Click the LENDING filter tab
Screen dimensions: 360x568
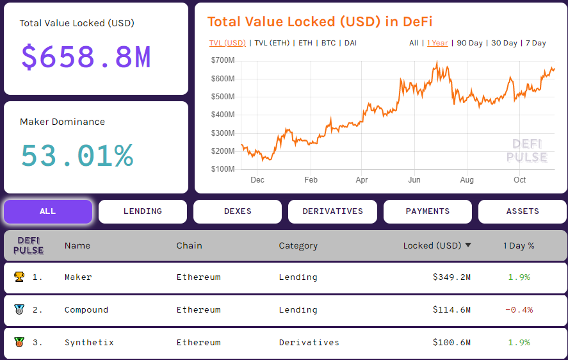click(142, 211)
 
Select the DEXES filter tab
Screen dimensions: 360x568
click(237, 211)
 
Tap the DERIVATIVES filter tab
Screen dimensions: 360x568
click(332, 211)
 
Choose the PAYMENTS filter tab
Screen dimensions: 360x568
click(427, 211)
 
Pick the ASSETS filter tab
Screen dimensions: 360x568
click(523, 211)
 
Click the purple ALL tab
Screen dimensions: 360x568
click(48, 211)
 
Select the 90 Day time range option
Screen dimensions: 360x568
click(469, 43)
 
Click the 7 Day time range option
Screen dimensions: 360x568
click(535, 43)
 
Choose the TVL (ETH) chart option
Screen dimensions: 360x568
click(272, 43)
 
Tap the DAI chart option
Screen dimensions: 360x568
click(350, 43)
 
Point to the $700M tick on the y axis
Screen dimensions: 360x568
click(222, 60)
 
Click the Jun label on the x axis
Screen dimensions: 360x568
click(414, 180)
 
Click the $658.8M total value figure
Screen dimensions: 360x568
click(86, 57)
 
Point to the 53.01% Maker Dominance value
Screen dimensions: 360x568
click(77, 156)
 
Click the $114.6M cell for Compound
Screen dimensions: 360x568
click(451, 310)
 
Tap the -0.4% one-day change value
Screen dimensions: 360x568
click(519, 310)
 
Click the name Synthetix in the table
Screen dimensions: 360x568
click(89, 343)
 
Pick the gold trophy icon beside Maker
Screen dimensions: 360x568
click(19, 277)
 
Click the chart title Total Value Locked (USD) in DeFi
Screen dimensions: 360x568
click(320, 22)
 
